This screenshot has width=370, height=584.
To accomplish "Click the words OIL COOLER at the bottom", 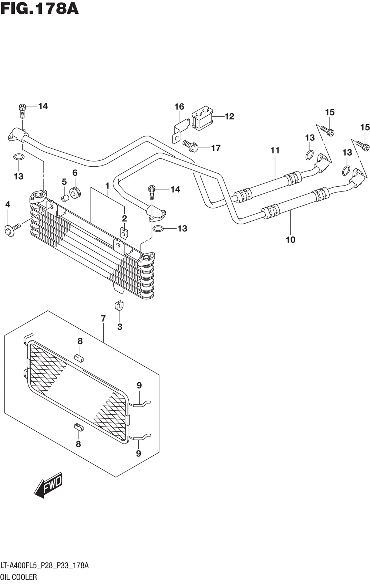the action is (19, 577).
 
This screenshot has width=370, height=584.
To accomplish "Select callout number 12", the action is (229, 116).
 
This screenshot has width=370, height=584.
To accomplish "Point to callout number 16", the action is (179, 106).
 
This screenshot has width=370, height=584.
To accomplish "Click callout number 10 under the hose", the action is (291, 240).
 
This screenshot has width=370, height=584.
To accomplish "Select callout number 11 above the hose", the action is (275, 150).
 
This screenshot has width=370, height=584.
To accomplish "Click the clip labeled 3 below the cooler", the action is (119, 306).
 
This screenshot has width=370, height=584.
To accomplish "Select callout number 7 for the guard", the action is (103, 319).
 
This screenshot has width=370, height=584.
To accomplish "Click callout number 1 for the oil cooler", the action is (107, 186).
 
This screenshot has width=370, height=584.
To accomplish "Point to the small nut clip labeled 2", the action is (124, 233).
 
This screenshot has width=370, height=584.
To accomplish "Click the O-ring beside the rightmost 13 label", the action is (346, 170).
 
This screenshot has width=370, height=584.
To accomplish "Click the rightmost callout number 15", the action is (365, 127).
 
